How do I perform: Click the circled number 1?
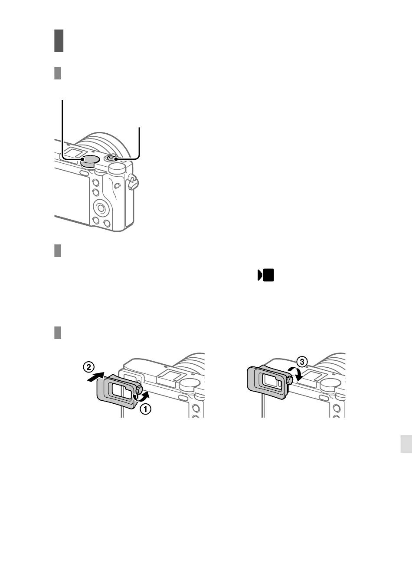coord(146,409)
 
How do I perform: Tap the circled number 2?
coord(88,367)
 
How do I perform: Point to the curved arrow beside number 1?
coord(142,397)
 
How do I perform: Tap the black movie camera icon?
coord(265,275)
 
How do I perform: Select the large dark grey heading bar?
coord(59,41)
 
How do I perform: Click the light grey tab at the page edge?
coord(406,444)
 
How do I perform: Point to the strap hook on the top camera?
coord(133,181)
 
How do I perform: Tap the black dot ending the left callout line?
coord(82,159)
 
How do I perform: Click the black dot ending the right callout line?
coord(116,159)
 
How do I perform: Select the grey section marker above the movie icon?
coord(58,250)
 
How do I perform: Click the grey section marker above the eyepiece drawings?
coord(58,333)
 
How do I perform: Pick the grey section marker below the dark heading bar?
coord(58,73)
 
